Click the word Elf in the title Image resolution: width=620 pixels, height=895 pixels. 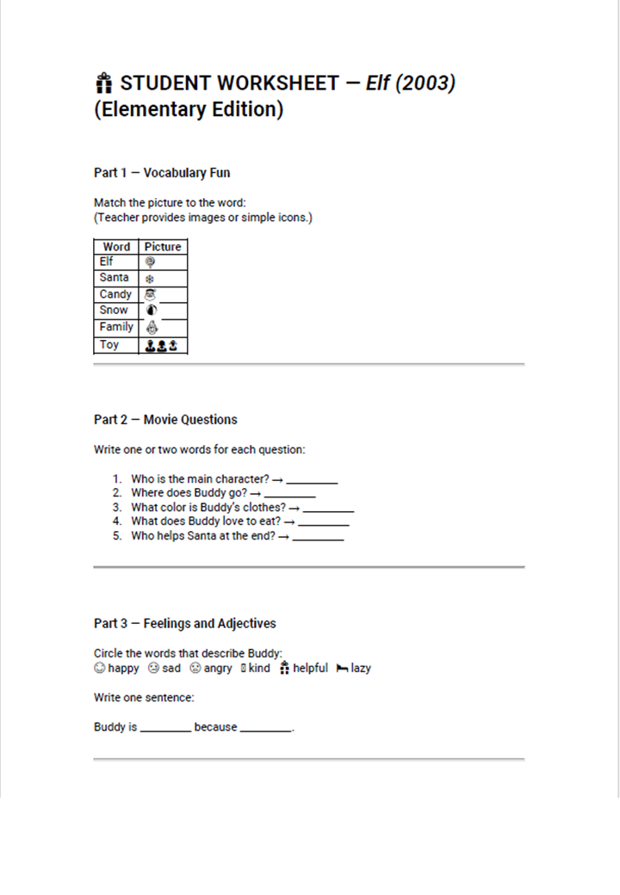click(379, 83)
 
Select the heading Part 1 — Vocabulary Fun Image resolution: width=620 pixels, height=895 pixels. click(162, 173)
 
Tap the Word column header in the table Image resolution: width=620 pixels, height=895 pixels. click(116, 246)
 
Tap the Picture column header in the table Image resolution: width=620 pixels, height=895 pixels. click(163, 246)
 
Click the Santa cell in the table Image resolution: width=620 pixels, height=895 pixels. click(115, 278)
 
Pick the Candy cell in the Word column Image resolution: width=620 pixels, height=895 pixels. click(115, 294)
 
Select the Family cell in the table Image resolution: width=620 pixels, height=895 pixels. click(116, 327)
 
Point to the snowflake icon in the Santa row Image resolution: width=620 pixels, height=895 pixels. click(149, 279)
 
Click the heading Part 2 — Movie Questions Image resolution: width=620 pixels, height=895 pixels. click(165, 420)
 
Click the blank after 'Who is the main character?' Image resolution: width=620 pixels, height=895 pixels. click(312, 480)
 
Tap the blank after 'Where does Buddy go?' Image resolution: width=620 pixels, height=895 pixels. click(289, 494)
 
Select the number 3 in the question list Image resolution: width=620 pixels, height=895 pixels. click(116, 508)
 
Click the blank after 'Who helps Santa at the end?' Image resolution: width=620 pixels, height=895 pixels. click(318, 537)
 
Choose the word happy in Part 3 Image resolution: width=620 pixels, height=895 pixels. click(123, 669)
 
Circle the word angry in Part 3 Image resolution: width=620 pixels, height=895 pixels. click(218, 669)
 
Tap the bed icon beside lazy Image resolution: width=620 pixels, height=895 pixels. click(342, 669)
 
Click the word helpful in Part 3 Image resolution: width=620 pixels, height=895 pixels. click(310, 669)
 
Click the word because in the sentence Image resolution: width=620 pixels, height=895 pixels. click(215, 727)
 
